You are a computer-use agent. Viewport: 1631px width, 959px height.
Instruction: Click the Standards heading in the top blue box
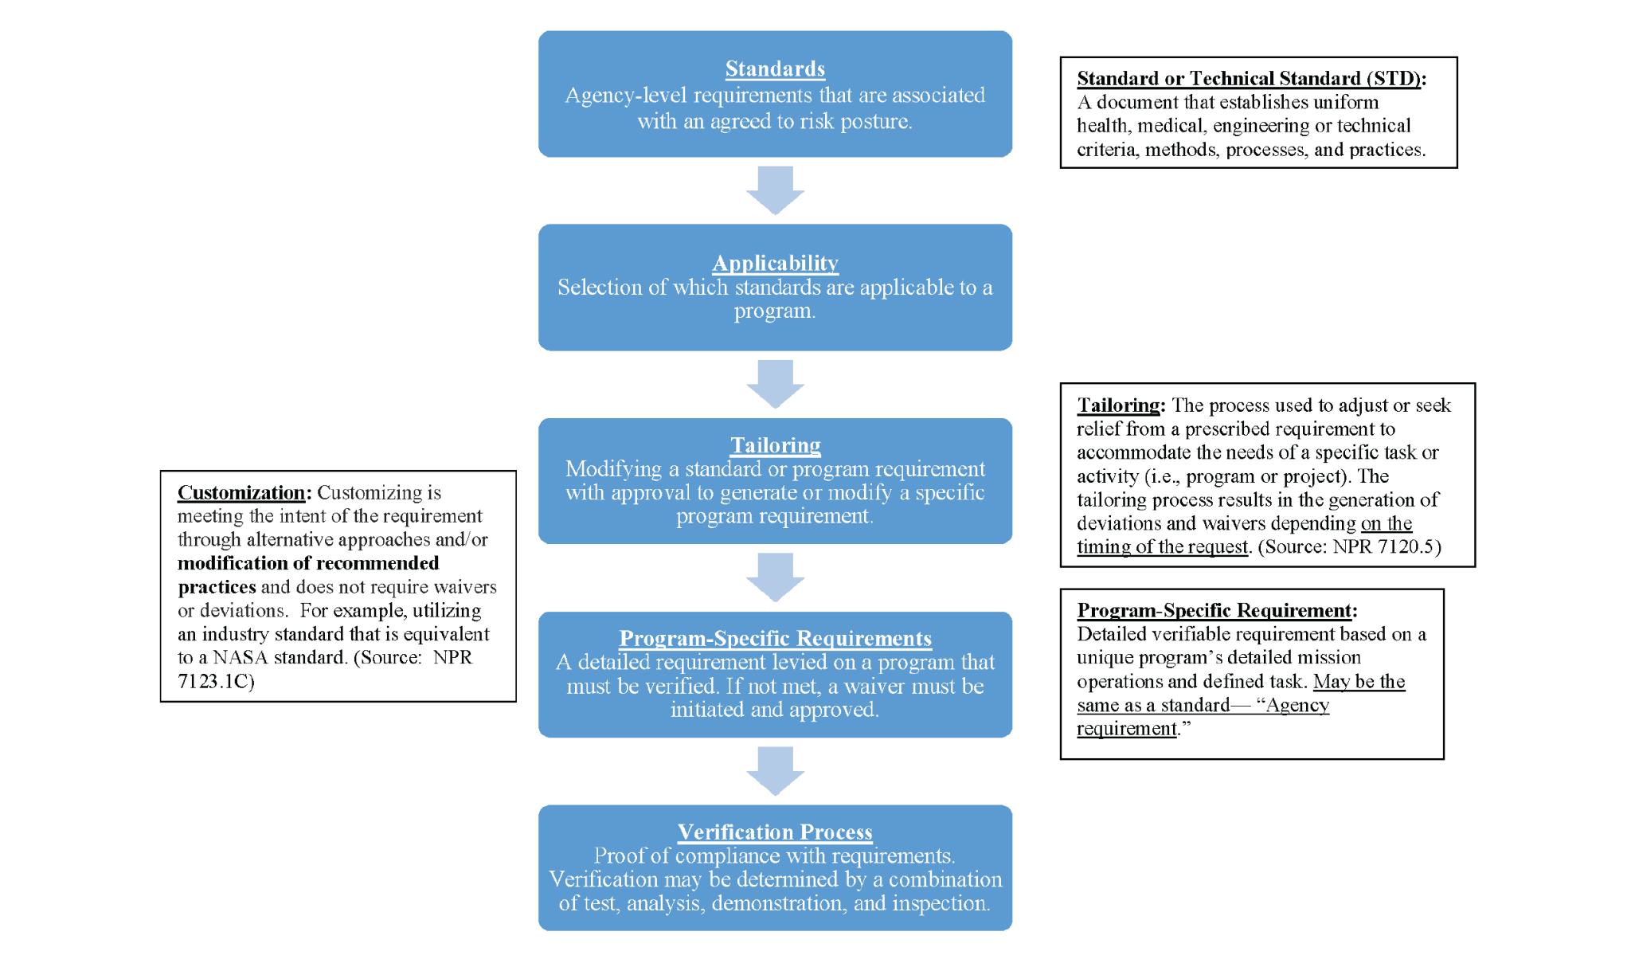775,69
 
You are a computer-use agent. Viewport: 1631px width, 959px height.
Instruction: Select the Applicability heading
775,263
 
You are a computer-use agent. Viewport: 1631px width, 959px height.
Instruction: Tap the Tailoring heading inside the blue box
775,445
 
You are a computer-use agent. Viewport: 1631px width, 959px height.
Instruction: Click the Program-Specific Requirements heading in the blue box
775,639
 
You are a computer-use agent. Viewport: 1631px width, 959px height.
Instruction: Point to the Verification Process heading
775,832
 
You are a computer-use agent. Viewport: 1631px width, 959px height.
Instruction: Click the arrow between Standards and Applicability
775,190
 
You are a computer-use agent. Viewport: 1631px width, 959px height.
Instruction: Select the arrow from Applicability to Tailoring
775,383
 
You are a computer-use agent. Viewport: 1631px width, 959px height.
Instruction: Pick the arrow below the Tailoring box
775,577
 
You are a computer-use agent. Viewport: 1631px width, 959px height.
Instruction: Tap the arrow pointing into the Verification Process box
775,770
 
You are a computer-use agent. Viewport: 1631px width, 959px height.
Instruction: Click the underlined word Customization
241,493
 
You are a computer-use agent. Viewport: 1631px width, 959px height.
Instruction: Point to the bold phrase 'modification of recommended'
308,564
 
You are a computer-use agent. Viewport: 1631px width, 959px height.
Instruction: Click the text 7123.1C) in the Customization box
216,682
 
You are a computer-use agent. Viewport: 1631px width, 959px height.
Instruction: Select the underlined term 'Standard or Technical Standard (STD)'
1248,79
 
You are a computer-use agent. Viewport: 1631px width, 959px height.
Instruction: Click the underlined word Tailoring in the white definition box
1118,405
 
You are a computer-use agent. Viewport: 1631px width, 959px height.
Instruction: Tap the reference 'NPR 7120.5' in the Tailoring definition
1387,547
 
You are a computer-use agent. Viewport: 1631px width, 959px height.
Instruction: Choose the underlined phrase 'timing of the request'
1162,547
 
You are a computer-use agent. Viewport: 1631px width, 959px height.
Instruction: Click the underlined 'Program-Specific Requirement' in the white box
1214,611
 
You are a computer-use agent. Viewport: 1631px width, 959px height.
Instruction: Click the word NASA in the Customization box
240,658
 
